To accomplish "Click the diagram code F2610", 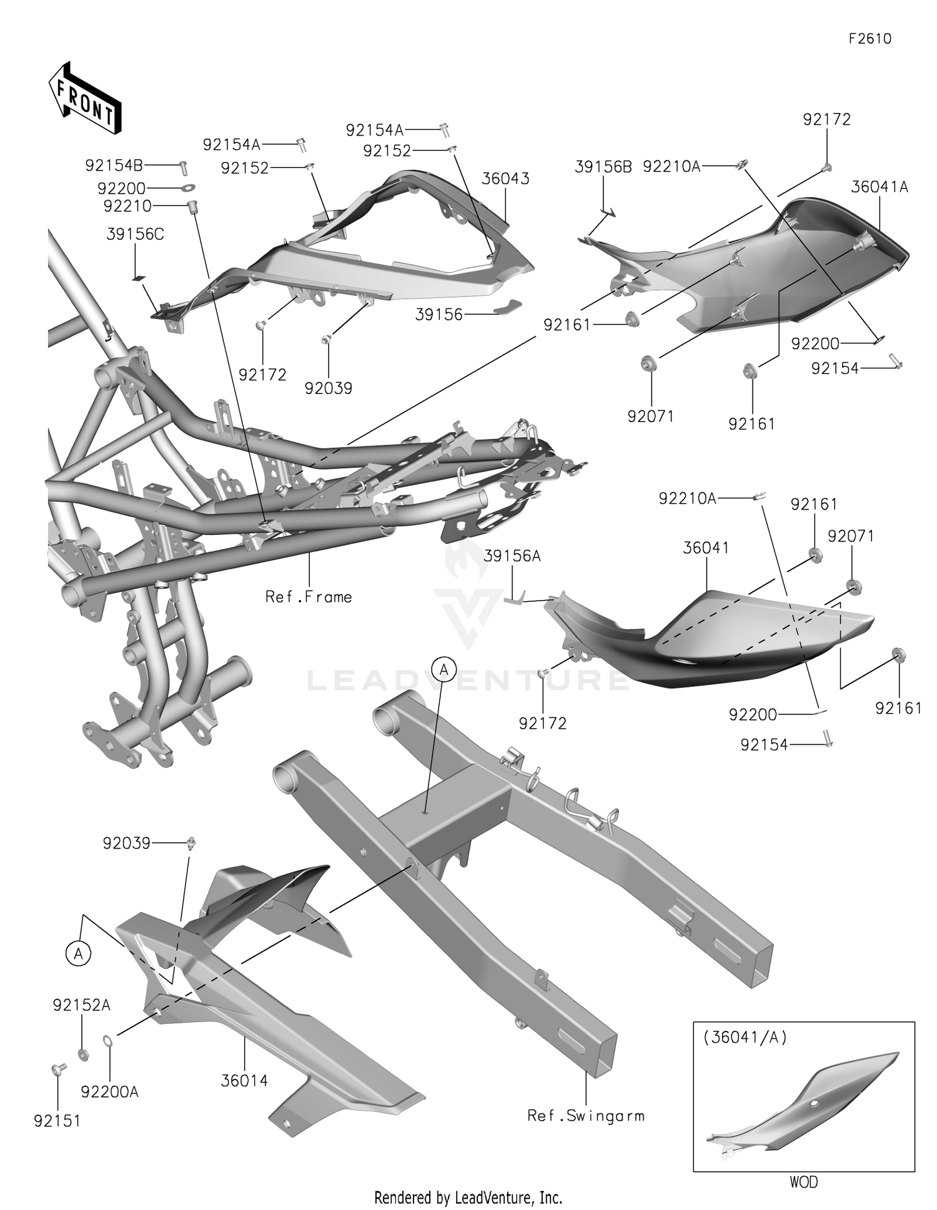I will click(870, 39).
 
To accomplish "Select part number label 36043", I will click(505, 179).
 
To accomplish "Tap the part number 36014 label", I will click(244, 1080).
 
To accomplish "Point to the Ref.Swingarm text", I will click(585, 1115).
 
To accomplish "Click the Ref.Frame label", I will click(309, 597).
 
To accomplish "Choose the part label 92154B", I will click(114, 165).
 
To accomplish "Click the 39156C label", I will click(136, 234).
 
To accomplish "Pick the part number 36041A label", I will click(880, 187).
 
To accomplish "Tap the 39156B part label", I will click(603, 167).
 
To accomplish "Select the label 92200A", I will click(110, 1091).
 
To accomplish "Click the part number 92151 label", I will click(57, 1121).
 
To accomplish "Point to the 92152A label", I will click(82, 1005).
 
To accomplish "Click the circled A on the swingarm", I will click(444, 669).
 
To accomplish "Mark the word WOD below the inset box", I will click(803, 1182).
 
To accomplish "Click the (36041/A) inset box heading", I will click(745, 1037).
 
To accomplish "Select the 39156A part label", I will click(512, 556).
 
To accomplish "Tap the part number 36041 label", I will click(706, 548).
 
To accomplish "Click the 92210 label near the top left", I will click(127, 205).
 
